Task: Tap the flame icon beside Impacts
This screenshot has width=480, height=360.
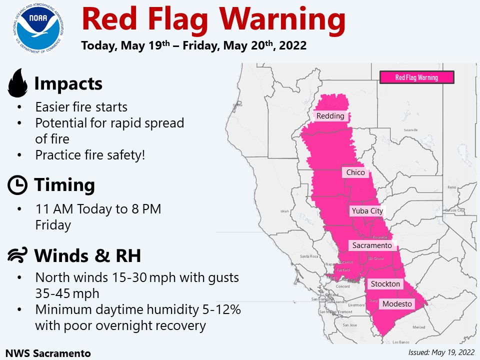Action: pos(18,83)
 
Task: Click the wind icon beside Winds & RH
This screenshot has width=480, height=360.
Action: pos(18,256)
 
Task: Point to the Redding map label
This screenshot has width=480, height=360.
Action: pos(330,116)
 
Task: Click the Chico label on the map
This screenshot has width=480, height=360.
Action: pos(355,172)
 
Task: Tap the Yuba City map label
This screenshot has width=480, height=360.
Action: pos(367,211)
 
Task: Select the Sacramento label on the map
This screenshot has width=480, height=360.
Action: pos(372,245)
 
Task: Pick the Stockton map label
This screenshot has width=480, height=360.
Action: pos(385,284)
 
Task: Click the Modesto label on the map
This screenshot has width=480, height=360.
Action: pos(397,304)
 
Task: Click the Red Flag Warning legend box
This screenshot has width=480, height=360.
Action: pos(416,77)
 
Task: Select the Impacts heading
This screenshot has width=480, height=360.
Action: pos(68,84)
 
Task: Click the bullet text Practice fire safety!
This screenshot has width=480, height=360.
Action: pos(90,155)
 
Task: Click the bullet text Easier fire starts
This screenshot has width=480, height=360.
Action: pos(81,107)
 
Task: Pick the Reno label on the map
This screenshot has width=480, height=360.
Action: pos(452,187)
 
